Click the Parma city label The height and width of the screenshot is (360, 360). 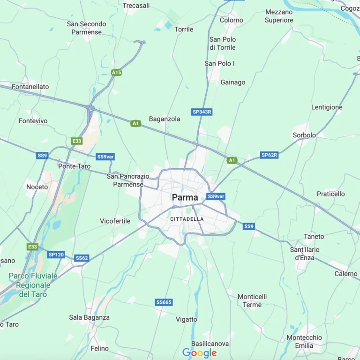pyautogui.click(x=185, y=197)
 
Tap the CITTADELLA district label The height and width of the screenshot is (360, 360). pyautogui.click(x=187, y=219)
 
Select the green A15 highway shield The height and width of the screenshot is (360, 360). pyautogui.click(x=117, y=73)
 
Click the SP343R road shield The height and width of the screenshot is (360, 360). pyautogui.click(x=202, y=112)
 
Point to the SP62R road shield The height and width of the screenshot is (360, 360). pyautogui.click(x=269, y=155)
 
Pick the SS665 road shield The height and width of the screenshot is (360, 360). pyautogui.click(x=164, y=302)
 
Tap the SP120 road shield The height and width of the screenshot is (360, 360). pyautogui.click(x=56, y=255)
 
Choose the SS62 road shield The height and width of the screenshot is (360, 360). pyautogui.click(x=82, y=258)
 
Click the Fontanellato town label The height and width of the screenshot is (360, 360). pyautogui.click(x=30, y=87)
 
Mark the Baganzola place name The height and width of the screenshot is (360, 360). pyautogui.click(x=165, y=119)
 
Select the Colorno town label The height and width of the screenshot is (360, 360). pyautogui.click(x=232, y=20)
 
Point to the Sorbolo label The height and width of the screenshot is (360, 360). pyautogui.click(x=304, y=135)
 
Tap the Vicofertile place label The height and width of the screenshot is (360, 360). pyautogui.click(x=115, y=221)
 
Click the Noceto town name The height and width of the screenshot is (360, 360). pyautogui.click(x=37, y=187)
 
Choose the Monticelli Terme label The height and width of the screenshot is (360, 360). pyautogui.click(x=252, y=300)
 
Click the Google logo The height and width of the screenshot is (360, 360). pyautogui.click(x=200, y=353)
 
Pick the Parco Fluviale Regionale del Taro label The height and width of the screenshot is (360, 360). pyautogui.click(x=33, y=285)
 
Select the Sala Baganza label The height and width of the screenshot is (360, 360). pyautogui.click(x=89, y=317)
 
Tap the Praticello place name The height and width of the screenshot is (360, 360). pyautogui.click(x=330, y=194)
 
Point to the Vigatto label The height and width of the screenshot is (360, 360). pyautogui.click(x=187, y=319)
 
